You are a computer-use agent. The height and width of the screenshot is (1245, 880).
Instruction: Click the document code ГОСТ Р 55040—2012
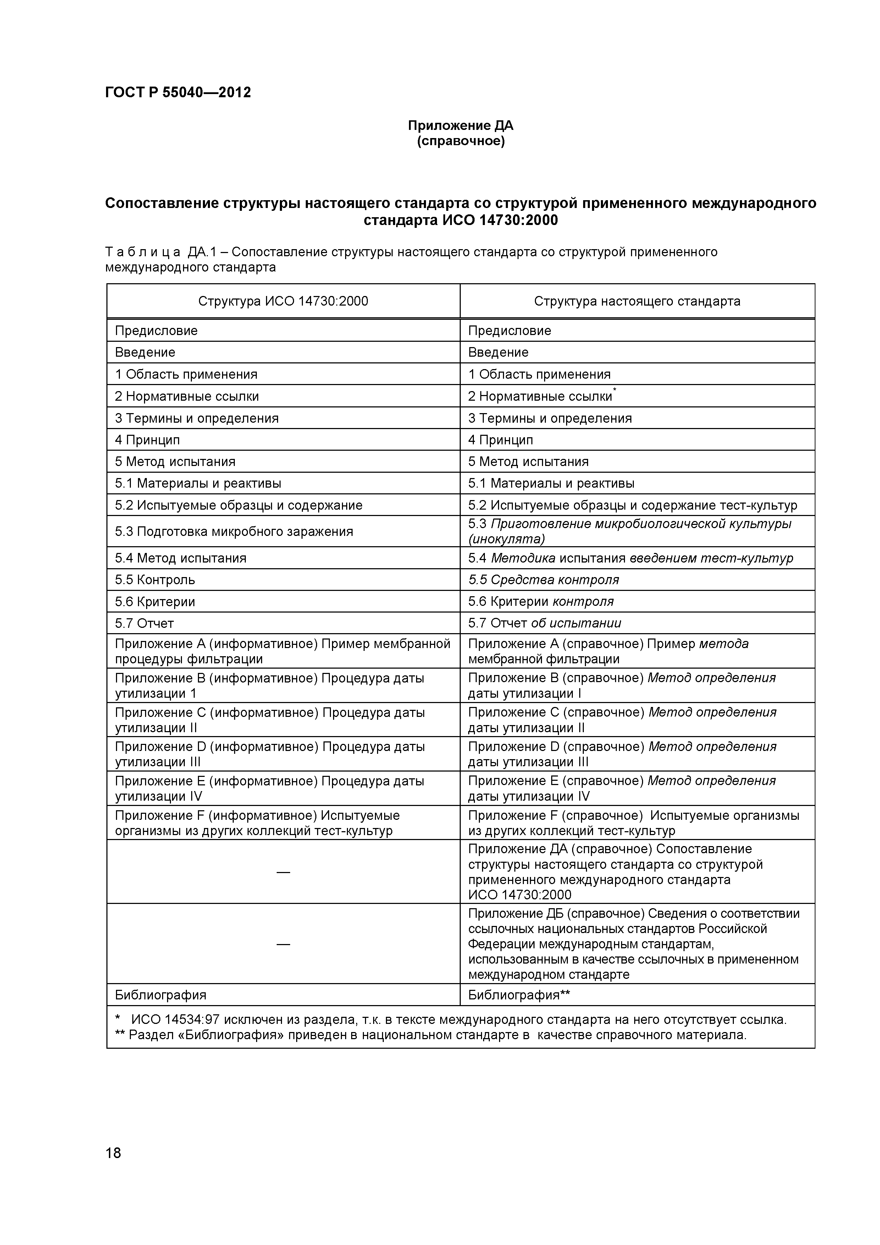click(178, 93)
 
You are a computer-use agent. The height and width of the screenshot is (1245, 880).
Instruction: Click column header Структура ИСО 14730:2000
click(283, 301)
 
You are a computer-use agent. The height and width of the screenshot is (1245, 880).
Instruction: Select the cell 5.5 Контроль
click(155, 580)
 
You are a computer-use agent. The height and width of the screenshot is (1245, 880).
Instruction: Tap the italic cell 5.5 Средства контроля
click(543, 580)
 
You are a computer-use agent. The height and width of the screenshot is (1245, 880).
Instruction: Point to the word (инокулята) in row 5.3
click(506, 539)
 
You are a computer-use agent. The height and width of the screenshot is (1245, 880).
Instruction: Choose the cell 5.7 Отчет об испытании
click(544, 623)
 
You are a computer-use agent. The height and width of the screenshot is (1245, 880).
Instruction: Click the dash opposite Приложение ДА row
click(283, 872)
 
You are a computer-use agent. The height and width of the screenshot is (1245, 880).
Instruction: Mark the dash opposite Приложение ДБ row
click(283, 944)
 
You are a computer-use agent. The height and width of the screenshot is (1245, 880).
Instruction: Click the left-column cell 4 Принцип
click(148, 440)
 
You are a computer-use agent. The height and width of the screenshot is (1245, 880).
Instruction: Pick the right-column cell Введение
click(498, 352)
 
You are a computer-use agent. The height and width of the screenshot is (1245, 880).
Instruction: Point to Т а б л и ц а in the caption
click(143, 252)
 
